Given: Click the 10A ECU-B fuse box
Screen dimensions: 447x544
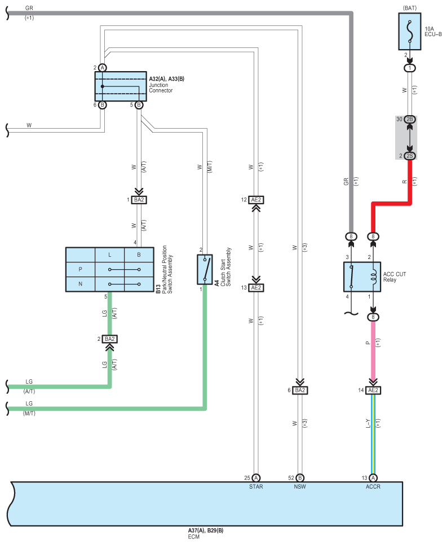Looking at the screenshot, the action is tap(410, 32).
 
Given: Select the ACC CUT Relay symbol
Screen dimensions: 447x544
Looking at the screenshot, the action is tap(362, 277).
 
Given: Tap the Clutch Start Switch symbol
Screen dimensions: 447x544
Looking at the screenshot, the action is tap(205, 269).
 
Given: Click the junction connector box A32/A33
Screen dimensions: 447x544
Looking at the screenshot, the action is tap(121, 86).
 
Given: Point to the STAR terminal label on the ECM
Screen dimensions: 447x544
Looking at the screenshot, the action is tap(256, 487).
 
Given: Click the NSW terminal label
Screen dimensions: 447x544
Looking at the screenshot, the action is tap(300, 487).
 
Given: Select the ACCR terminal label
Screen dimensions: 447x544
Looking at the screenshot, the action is tap(373, 487).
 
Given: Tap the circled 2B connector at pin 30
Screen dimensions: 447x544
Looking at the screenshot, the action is tap(410, 119).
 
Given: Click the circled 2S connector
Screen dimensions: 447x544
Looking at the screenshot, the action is tap(410, 156).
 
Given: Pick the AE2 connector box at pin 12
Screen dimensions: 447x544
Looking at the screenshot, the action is tap(256, 200).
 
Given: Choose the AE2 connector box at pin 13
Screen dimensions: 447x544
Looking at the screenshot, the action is tap(256, 288).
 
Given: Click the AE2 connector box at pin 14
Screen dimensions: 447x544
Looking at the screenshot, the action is tap(373, 391).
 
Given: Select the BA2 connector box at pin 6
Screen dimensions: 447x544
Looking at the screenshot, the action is tap(300, 391).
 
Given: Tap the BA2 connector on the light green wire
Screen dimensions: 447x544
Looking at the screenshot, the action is tap(110, 339).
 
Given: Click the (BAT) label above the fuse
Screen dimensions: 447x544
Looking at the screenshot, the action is tap(410, 8).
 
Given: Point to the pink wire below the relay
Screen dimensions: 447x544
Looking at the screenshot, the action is tap(373, 350).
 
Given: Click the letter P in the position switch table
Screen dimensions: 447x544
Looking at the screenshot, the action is tap(81, 269).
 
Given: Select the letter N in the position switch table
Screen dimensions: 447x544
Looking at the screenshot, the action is tap(81, 284).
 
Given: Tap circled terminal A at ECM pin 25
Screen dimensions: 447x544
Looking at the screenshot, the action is tap(256, 478).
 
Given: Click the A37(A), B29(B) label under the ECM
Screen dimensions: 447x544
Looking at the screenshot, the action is tap(206, 530).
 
